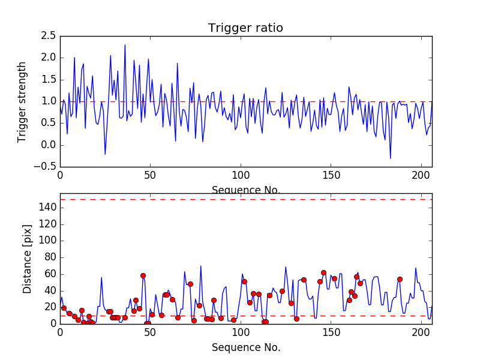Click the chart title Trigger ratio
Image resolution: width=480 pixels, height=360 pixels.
[245, 28]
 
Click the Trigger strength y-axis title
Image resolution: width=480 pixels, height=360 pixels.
[22, 101]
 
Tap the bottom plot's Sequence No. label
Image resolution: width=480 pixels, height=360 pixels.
[246, 347]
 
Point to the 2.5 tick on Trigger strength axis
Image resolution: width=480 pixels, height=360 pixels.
[48, 36]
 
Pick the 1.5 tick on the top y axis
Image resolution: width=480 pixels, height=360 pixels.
[48, 80]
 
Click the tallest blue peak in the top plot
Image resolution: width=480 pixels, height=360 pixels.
[125, 44]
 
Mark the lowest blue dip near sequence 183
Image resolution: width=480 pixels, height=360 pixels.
[391, 158]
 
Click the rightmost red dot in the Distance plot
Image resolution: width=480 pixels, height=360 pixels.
[400, 279]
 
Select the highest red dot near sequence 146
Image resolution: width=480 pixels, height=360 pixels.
[323, 272]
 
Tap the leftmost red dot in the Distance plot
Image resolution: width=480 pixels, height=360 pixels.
[64, 308]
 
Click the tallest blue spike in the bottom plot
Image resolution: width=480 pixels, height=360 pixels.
[200, 266]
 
